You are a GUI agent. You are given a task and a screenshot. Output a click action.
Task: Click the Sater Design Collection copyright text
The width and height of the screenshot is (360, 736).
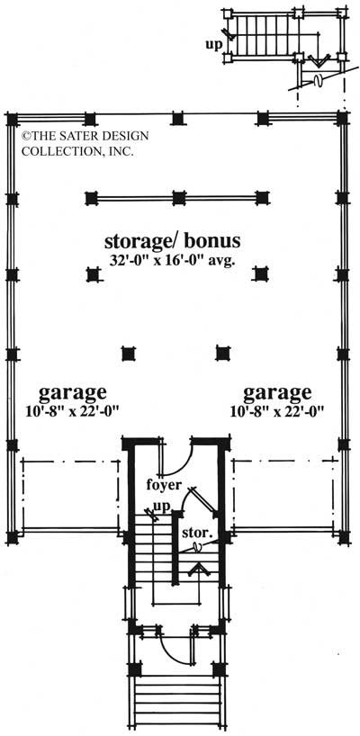pos(76,142)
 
